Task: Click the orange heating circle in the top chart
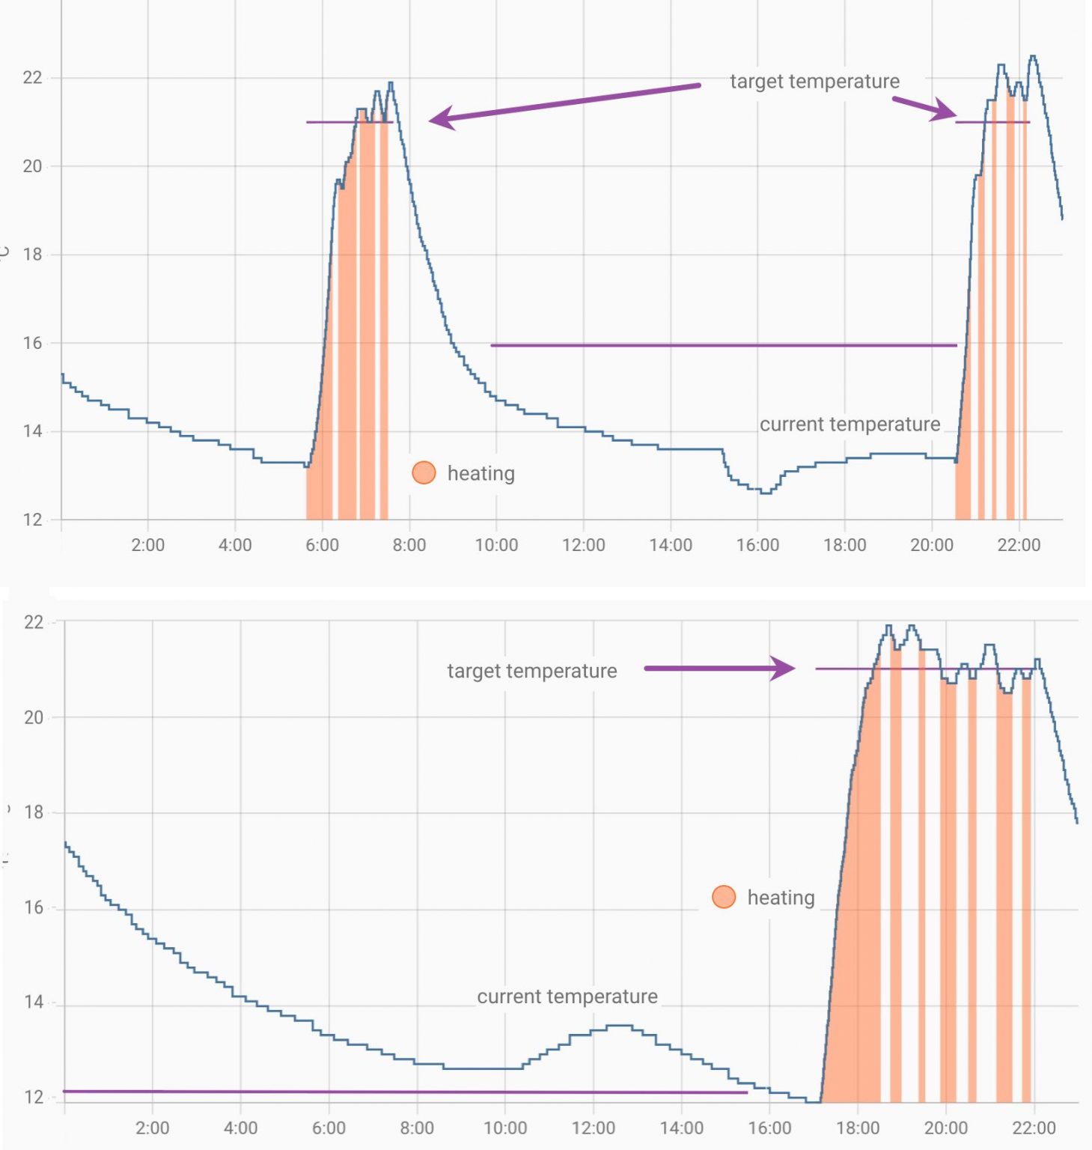coord(424,472)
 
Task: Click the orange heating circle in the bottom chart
coord(724,897)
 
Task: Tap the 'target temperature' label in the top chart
coord(814,81)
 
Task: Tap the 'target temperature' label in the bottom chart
coord(531,671)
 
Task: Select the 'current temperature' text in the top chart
coord(849,425)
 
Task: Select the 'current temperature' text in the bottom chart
coord(567,997)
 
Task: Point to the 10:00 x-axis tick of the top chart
coord(496,545)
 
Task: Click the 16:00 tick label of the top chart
coord(757,545)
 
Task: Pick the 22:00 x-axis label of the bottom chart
coord(1034,1128)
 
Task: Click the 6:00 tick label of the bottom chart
coord(329,1128)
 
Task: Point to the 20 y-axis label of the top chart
coord(32,166)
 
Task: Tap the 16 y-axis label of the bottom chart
coord(34,907)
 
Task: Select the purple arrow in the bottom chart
coord(719,668)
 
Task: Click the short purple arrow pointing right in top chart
coord(924,108)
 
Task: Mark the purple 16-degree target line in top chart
coord(723,345)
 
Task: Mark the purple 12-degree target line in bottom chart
coord(404,1092)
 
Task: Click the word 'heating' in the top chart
coord(481,473)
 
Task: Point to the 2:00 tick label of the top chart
coord(147,545)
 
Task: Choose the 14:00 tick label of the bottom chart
coord(681,1128)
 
